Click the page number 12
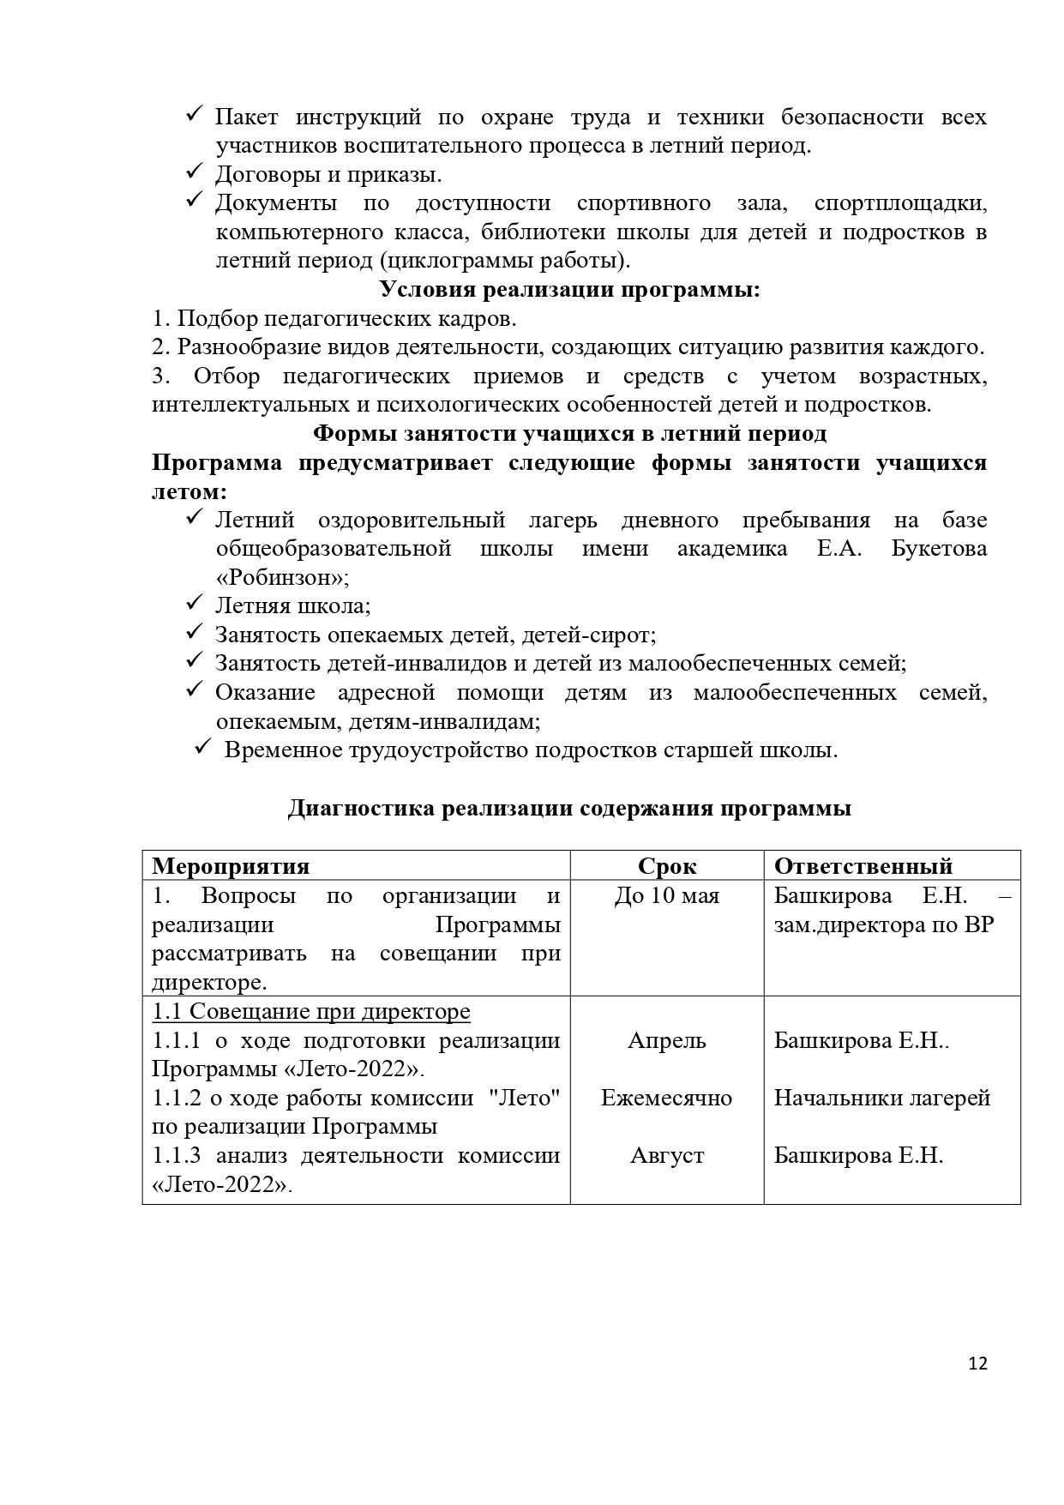click(978, 1364)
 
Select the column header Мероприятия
click(231, 866)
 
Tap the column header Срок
click(667, 866)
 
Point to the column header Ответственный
click(863, 866)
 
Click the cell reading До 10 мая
click(667, 896)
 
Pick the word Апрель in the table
click(667, 1041)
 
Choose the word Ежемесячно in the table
click(667, 1099)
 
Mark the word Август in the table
click(667, 1156)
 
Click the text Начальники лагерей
click(882, 1099)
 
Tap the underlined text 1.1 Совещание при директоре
click(311, 1012)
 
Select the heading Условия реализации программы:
click(570, 290)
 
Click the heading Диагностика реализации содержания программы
click(569, 809)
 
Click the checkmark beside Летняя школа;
click(193, 605)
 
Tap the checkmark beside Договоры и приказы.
click(193, 173)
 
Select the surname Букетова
click(939, 549)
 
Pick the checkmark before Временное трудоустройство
click(202, 749)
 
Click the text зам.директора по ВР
click(884, 925)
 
